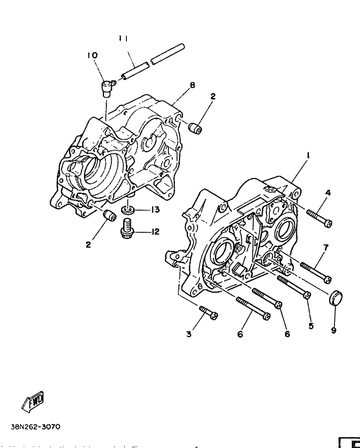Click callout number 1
click(308, 156)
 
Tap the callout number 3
click(188, 334)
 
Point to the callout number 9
click(334, 330)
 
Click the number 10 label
click(92, 55)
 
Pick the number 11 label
click(123, 39)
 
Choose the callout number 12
click(156, 232)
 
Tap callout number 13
click(156, 209)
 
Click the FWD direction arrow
click(33, 400)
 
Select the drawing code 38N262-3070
click(35, 428)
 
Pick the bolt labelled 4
click(319, 218)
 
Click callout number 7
click(326, 247)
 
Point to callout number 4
click(328, 193)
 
